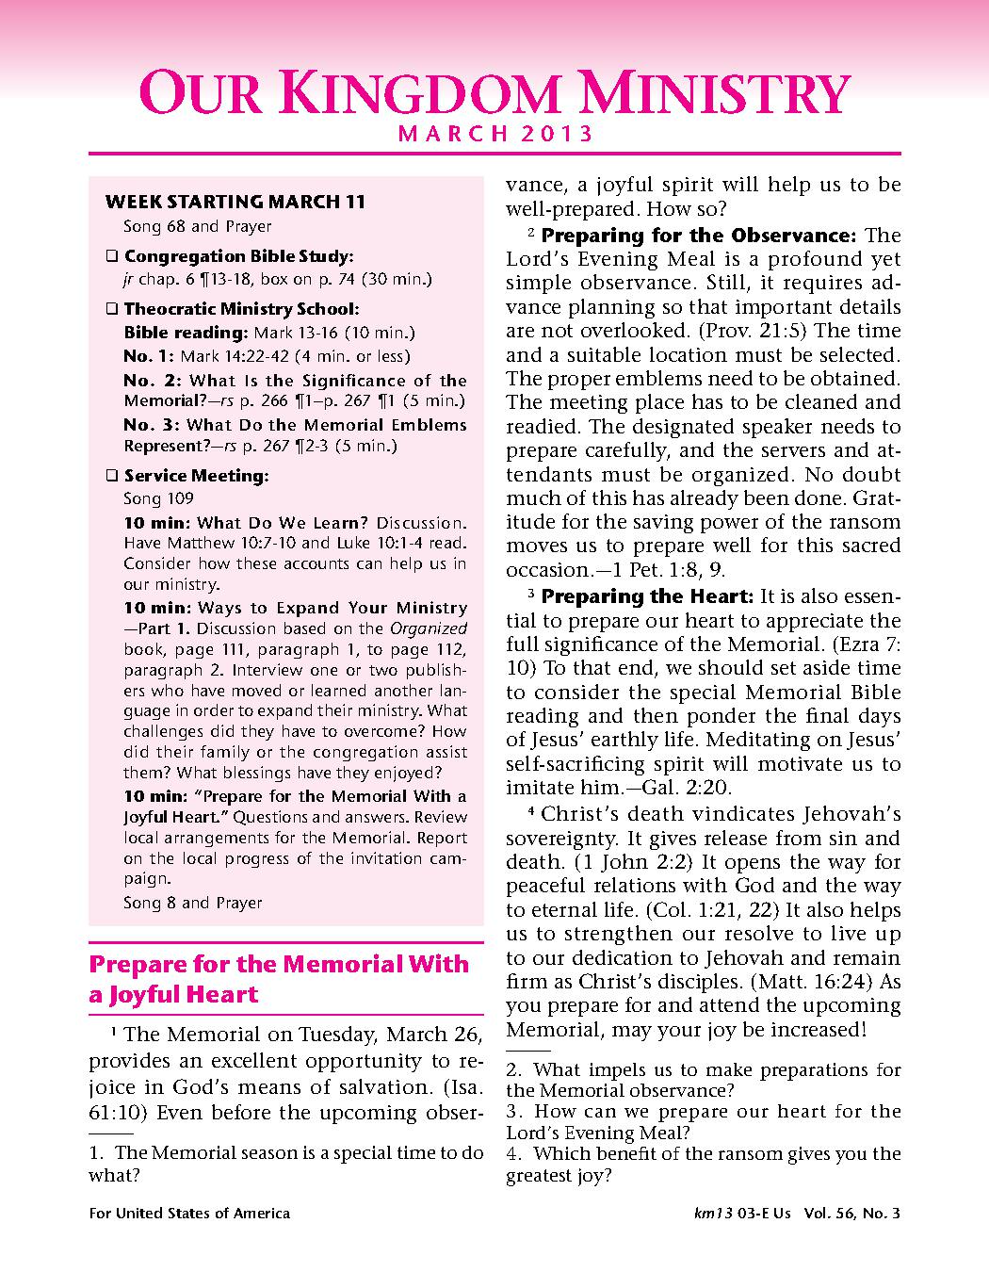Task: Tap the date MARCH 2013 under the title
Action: [495, 134]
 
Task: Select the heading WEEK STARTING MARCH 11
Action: [235, 202]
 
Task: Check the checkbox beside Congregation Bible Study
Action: [112, 256]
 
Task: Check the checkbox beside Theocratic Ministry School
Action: [112, 309]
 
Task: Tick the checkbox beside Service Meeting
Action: [112, 477]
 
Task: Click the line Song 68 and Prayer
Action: [197, 226]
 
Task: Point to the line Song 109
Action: [158, 498]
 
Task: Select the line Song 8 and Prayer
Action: [192, 903]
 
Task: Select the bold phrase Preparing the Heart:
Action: [647, 596]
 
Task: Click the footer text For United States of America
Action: [189, 1214]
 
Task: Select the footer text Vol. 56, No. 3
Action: [852, 1214]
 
